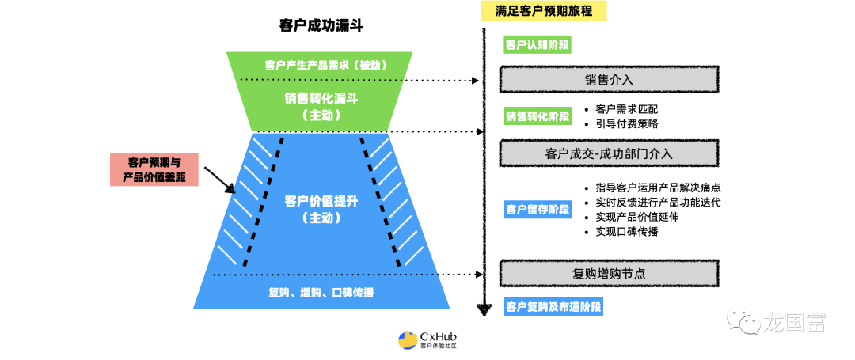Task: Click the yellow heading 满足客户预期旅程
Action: point(543,11)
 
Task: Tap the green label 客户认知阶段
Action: point(538,44)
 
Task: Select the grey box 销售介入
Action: point(609,80)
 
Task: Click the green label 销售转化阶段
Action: point(538,116)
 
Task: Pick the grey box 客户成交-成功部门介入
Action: point(609,153)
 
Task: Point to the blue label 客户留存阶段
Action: point(538,210)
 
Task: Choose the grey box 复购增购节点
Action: point(609,274)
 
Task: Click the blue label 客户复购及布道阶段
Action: point(553,306)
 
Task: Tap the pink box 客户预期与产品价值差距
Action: point(154,169)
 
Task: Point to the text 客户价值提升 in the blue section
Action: point(321,201)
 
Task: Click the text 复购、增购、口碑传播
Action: point(321,293)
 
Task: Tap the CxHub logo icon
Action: point(408,340)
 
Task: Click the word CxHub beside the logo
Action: point(439,335)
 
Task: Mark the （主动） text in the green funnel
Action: point(321,116)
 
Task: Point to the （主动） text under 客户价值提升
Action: point(321,218)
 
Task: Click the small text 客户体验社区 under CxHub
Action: point(439,346)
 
